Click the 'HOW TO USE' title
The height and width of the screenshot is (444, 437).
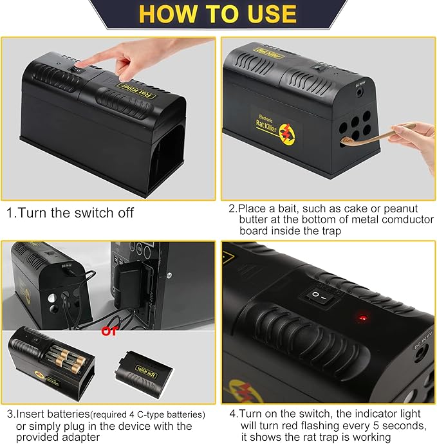pos(218,14)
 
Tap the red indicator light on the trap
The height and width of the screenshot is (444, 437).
pos(362,317)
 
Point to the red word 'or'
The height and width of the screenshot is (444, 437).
pos(110,331)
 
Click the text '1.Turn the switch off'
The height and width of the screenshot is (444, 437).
pos(70,213)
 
